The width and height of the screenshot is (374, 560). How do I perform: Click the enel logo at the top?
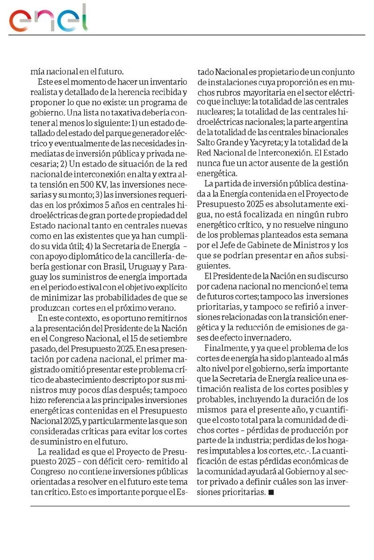pos(49,19)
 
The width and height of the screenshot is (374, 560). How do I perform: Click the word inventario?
pos(168,82)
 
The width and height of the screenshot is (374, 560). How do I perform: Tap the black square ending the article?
pos(271,492)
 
